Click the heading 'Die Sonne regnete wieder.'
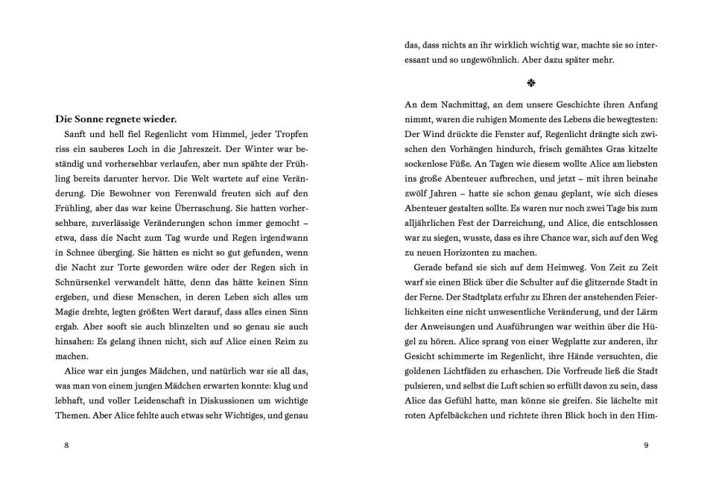115,118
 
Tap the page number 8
67,446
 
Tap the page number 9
645,446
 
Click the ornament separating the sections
530,82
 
